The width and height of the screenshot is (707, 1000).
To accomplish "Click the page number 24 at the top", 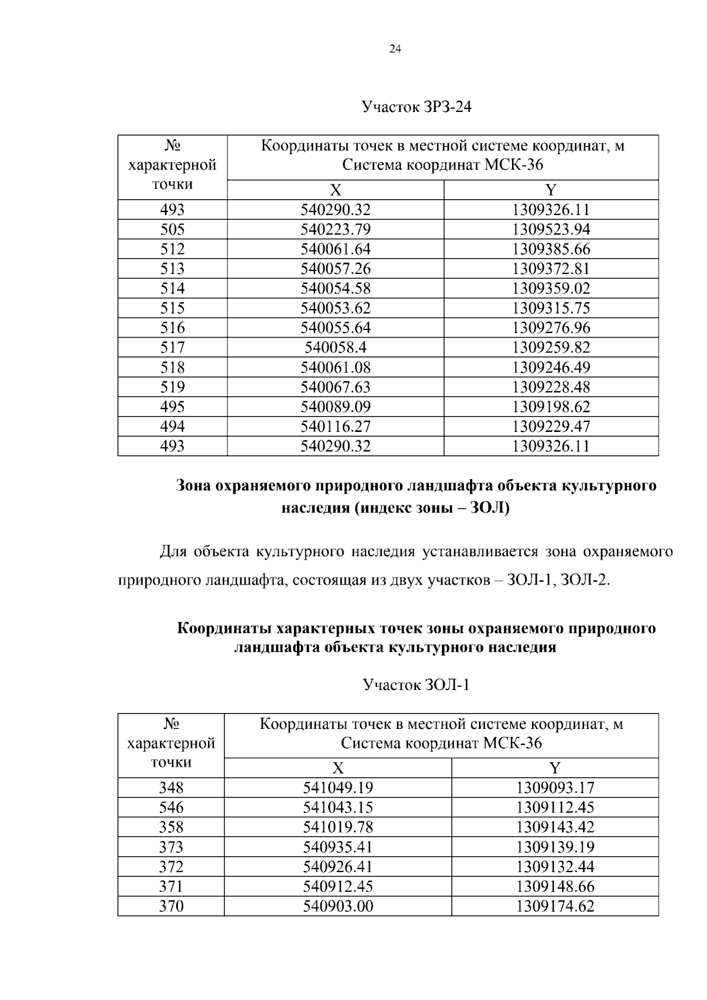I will coord(395,49).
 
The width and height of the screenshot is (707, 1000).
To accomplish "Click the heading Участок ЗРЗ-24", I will coord(417,107).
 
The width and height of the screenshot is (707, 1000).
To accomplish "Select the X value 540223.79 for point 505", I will coord(335,229).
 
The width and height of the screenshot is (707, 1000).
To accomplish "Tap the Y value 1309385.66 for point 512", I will coord(551,249).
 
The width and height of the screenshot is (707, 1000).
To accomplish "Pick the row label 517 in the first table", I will coord(172,347).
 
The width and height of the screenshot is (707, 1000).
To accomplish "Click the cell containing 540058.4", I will coord(335,347).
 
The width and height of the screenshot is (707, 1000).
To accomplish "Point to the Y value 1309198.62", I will coord(551,407).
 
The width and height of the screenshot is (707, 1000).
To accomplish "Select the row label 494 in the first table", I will coord(172,426).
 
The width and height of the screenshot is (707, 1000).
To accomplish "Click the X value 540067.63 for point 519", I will coord(335,387).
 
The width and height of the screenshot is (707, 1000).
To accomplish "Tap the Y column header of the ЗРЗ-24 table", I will coord(551,190).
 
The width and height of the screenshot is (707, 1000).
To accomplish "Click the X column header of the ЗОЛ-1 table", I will coord(338,768).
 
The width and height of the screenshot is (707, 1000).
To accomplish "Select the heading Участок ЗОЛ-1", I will coord(416,685).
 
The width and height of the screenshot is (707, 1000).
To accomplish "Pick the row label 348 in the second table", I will coord(171,788).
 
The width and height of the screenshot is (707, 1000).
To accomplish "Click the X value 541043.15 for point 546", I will coord(338,807).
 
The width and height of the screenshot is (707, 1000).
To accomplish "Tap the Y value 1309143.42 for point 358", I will coord(555,827).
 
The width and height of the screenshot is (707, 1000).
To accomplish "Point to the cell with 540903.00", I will coord(338,906).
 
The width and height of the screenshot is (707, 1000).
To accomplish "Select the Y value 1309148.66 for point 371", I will coord(555,886).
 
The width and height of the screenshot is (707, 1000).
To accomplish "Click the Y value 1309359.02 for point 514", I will coord(551,288).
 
